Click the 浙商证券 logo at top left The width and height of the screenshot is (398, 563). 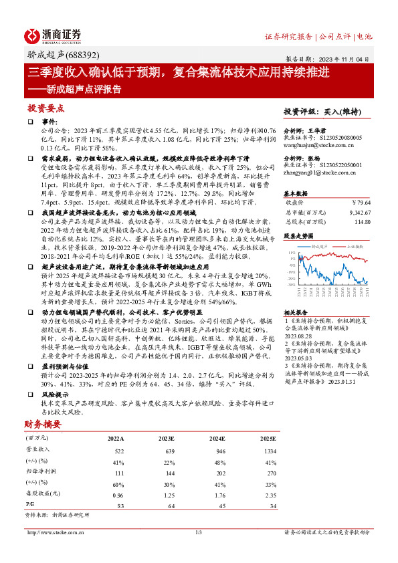click(53, 35)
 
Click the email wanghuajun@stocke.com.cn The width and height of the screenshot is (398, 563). click(314, 143)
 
